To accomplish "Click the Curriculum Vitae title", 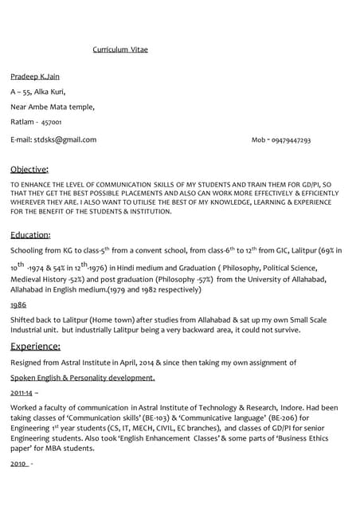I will click(120, 49).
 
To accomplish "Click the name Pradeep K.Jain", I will click(35, 76).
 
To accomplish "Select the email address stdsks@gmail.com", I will click(65, 139).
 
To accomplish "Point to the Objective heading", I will click(29, 169).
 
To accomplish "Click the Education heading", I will click(30, 235).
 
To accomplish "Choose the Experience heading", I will click(35, 346).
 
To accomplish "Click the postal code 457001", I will click(51, 123).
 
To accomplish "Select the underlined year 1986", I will click(18, 304).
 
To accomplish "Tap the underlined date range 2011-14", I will click(22, 393).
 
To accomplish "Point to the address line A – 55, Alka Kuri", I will click(37, 92).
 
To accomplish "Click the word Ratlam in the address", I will click(22, 122).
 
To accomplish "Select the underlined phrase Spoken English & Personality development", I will click(83, 377).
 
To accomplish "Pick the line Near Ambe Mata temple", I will click(53, 107).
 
